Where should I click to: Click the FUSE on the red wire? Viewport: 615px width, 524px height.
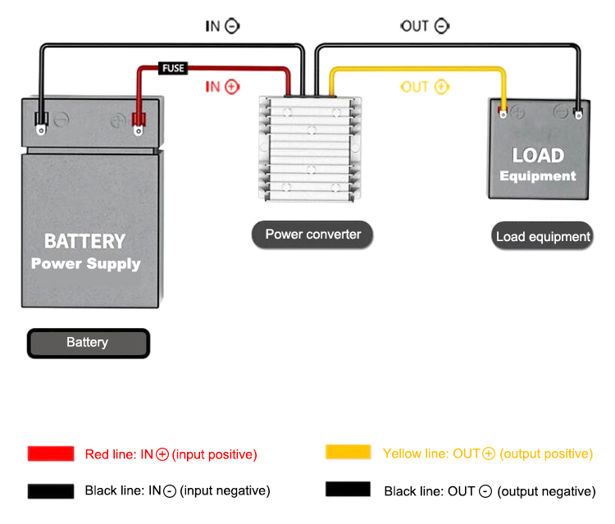point(173,69)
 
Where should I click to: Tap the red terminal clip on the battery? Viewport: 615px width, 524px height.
point(138,124)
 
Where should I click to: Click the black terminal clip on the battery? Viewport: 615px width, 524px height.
point(40,124)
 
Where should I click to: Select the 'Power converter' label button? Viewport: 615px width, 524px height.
point(312,235)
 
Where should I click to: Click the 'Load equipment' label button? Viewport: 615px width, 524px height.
point(543,237)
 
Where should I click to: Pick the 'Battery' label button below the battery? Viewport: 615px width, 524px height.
point(88,343)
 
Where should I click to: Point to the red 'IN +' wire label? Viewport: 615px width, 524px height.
point(222,86)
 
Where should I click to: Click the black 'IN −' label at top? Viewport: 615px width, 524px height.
point(222,26)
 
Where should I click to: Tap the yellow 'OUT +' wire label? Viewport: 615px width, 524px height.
point(424,86)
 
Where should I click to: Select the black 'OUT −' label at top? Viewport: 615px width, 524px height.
point(424,26)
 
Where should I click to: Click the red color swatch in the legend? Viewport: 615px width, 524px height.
point(51,453)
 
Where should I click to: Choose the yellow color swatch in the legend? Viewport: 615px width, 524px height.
point(348,453)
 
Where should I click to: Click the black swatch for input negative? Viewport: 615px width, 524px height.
point(51,490)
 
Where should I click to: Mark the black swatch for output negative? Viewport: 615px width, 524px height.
point(348,490)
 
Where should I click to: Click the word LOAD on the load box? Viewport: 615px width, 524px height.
point(538,155)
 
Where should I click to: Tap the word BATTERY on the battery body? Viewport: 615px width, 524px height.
point(84,241)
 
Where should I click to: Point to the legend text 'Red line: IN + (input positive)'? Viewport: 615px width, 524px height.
point(171,453)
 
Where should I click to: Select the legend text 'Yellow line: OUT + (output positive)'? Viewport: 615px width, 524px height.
point(487,453)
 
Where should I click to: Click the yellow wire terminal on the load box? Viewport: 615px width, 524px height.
point(503,112)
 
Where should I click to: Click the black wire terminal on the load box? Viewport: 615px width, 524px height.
point(579,112)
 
